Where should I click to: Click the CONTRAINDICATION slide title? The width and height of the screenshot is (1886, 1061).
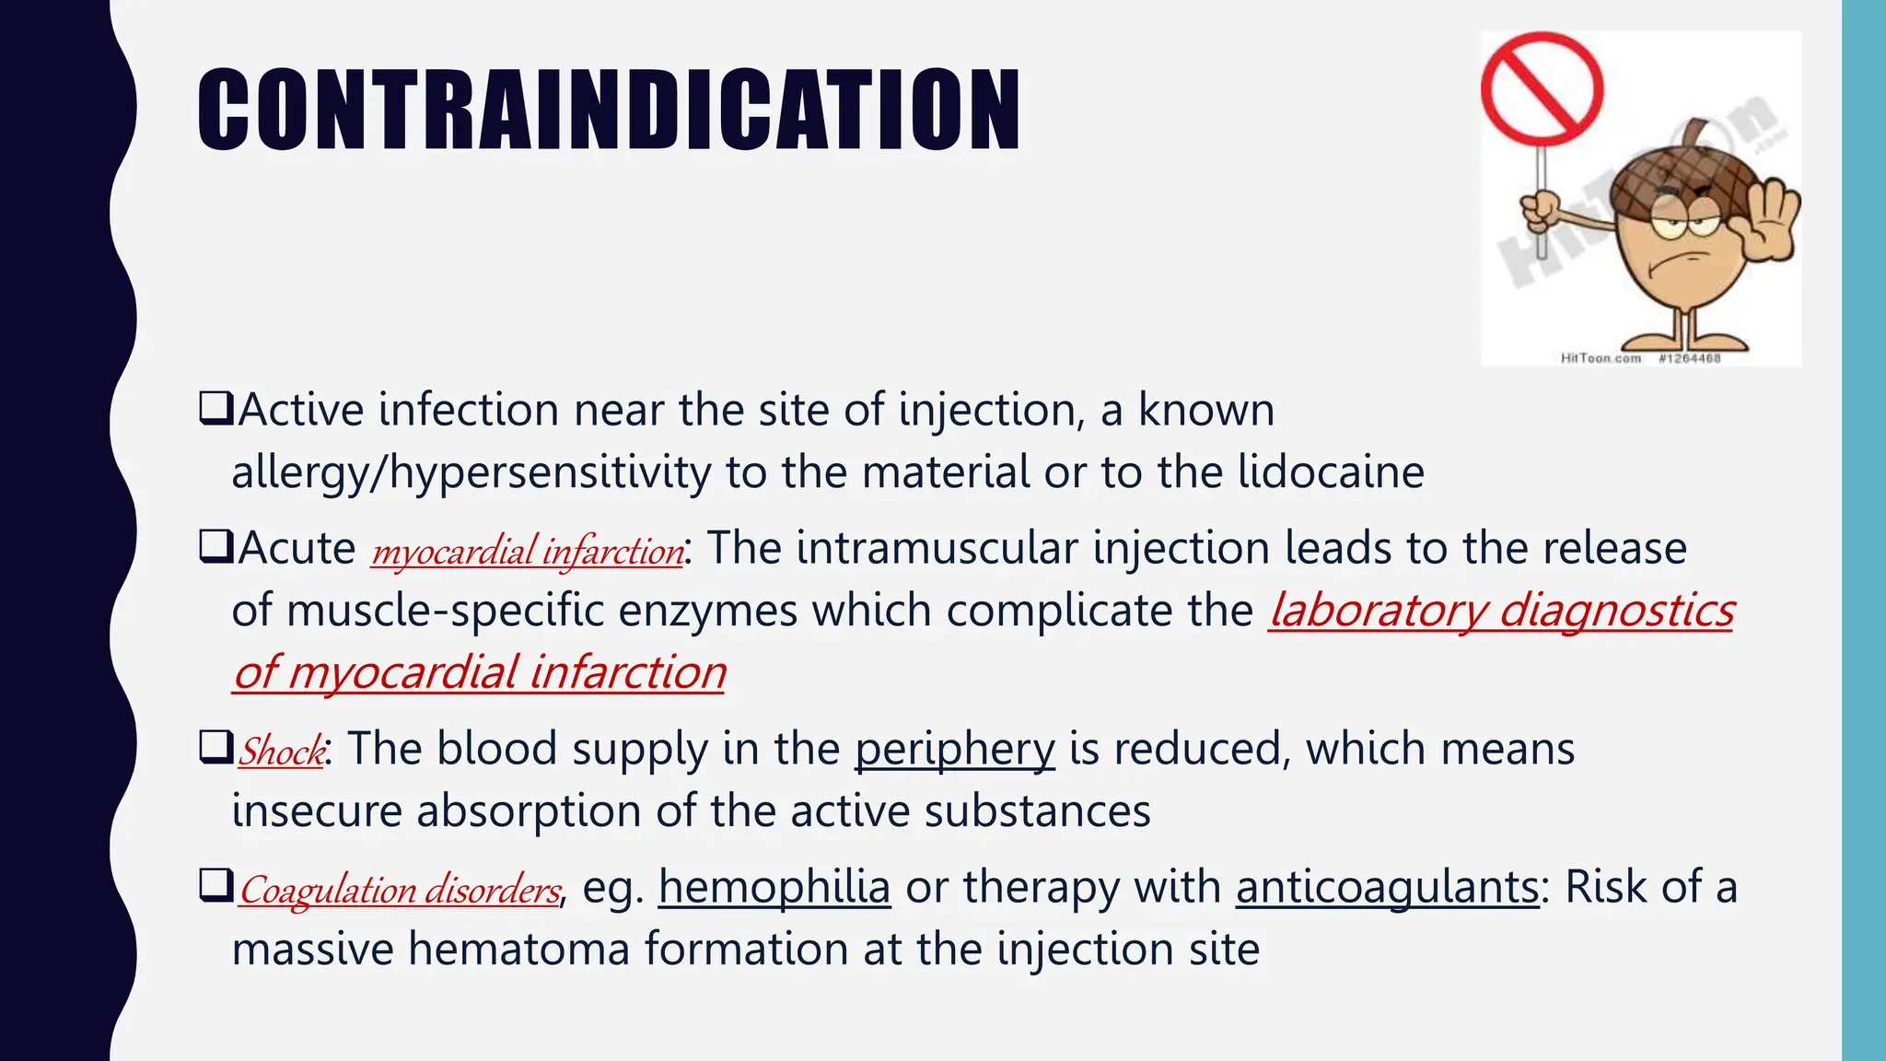click(x=608, y=111)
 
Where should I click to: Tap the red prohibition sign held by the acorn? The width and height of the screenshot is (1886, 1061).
click(x=1542, y=89)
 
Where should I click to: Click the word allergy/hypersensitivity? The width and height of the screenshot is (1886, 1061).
click(x=471, y=473)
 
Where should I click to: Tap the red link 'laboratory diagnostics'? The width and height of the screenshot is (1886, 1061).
click(x=1501, y=611)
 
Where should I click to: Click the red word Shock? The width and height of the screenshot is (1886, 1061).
click(x=281, y=751)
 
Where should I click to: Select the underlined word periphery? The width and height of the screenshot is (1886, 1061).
click(x=954, y=749)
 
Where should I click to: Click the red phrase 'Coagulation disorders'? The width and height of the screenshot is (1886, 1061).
click(x=399, y=890)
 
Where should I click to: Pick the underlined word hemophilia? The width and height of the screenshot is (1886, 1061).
click(x=774, y=888)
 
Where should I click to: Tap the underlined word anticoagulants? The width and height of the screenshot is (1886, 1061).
click(x=1387, y=888)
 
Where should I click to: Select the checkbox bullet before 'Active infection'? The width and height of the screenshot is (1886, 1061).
click(x=215, y=408)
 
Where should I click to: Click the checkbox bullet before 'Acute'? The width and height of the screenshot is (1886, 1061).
click(x=215, y=547)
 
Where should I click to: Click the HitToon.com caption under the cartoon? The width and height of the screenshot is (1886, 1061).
click(x=1601, y=358)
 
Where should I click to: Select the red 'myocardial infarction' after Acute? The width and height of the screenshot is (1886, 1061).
click(x=527, y=551)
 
